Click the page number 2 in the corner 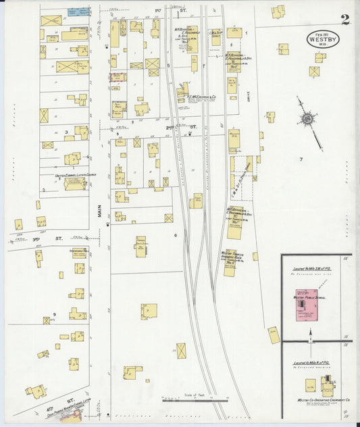coord(345,18)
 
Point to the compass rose coord(308,118)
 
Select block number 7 coord(301,159)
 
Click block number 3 coord(66,132)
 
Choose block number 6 coord(174,235)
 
